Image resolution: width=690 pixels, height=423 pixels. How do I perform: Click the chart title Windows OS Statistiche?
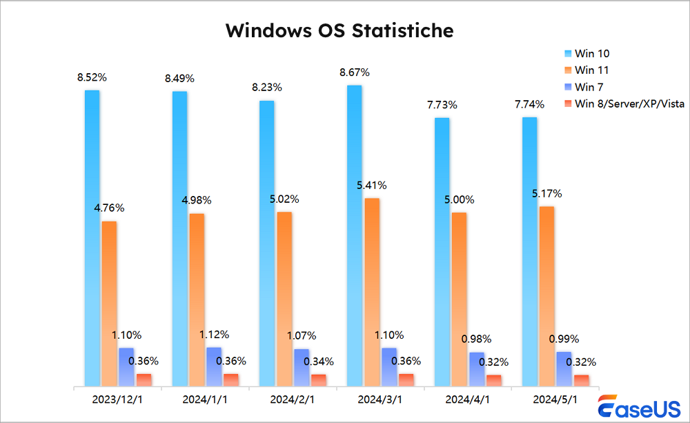(x=339, y=30)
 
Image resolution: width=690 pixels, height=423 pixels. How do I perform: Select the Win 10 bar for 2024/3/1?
(x=354, y=235)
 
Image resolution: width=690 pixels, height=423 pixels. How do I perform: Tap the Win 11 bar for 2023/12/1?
(x=109, y=304)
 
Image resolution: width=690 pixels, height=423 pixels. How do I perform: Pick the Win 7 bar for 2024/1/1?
(x=214, y=366)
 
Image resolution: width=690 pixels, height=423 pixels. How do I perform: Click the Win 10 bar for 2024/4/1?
(x=442, y=252)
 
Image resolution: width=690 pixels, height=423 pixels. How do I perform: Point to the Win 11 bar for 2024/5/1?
(x=546, y=296)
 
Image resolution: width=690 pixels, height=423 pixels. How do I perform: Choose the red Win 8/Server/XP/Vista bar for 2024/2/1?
(x=318, y=380)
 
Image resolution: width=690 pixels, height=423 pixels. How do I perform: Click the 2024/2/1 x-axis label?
(x=293, y=400)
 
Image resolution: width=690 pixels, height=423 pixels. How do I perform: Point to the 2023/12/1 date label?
(x=118, y=400)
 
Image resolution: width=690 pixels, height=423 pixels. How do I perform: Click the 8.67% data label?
(x=355, y=72)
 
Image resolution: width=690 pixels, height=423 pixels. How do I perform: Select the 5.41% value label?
(x=371, y=185)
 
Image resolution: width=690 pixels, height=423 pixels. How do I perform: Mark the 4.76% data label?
(x=110, y=208)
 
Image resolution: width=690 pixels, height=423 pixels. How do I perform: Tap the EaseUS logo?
(x=638, y=408)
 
